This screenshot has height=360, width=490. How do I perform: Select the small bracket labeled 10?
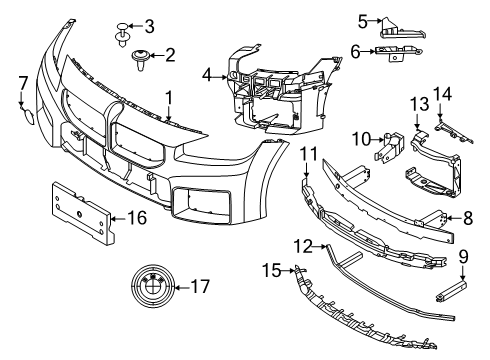(x=387, y=149)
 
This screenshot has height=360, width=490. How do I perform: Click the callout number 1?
(x=168, y=98)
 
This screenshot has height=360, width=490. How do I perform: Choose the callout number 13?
(x=417, y=103)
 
